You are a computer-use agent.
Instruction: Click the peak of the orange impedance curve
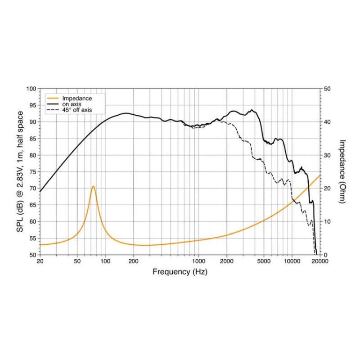pos(93,186)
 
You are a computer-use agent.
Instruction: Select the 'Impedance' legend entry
pos(77,99)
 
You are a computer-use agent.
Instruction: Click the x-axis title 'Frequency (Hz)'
pos(180,272)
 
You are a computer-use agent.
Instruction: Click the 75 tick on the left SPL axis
pos(32,172)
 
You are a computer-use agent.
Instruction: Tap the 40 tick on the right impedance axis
pos(328,122)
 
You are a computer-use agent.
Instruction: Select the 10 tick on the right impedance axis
pos(328,221)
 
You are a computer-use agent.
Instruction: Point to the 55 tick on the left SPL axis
pos(32,238)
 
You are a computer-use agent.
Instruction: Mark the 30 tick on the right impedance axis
pos(328,155)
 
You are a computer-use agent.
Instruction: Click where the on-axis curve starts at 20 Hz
pos(40,191)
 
